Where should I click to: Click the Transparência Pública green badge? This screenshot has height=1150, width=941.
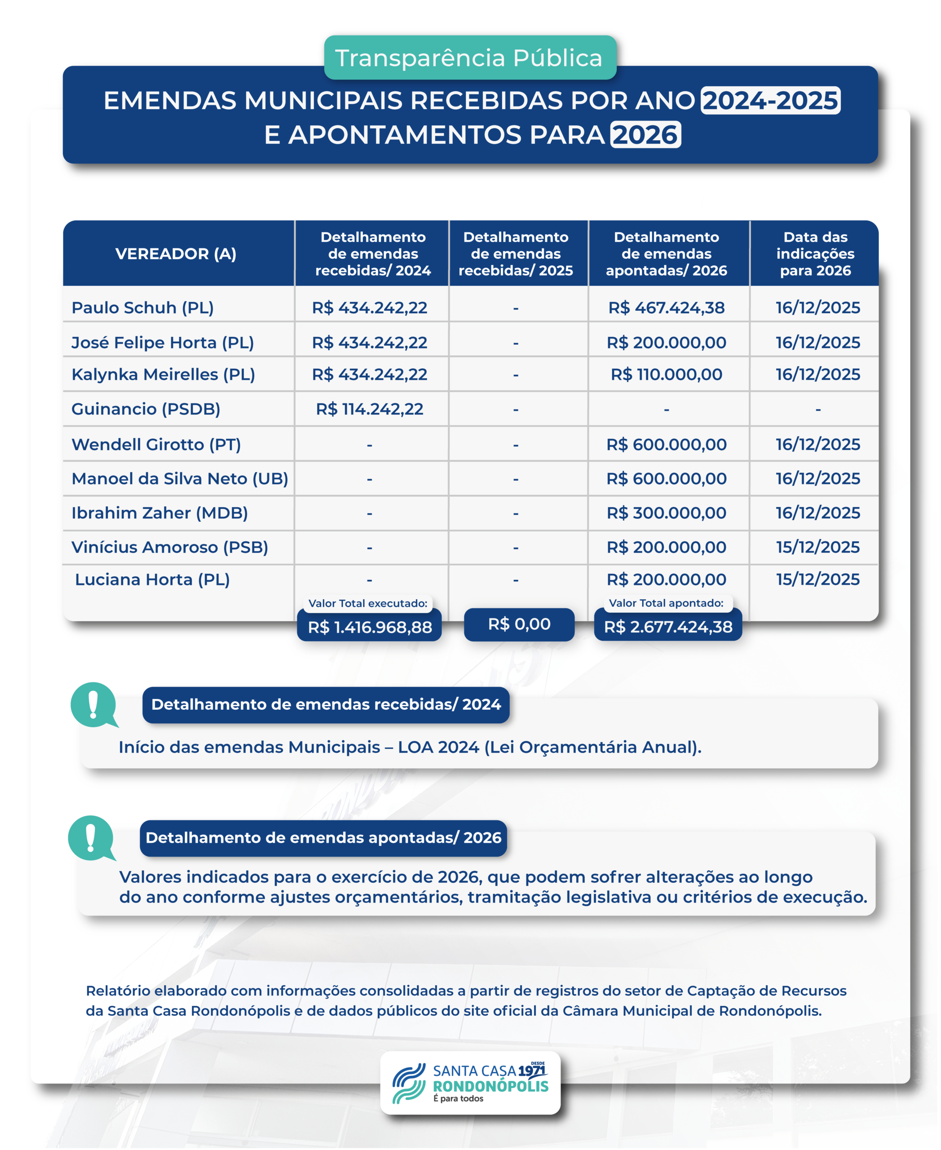[x=470, y=58]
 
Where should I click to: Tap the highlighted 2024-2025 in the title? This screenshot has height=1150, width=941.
[x=770, y=100]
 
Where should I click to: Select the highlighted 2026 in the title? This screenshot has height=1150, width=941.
[x=645, y=134]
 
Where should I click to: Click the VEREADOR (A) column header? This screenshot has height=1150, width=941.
[x=176, y=254]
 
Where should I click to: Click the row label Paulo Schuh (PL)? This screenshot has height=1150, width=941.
[x=142, y=307]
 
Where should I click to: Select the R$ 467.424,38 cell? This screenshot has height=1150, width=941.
[x=666, y=307]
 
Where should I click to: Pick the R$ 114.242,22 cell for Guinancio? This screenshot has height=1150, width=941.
[x=369, y=409]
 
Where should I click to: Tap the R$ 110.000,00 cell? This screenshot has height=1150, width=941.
[x=666, y=374]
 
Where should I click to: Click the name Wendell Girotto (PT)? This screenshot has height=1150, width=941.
[x=156, y=444]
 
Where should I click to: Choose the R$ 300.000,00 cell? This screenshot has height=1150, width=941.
[x=666, y=513]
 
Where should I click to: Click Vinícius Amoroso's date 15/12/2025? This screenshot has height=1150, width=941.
[x=817, y=547]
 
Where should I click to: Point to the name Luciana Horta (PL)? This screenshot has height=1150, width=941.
[x=152, y=579]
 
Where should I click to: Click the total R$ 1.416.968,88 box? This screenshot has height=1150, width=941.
[x=370, y=627]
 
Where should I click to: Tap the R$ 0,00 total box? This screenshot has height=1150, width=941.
[x=519, y=624]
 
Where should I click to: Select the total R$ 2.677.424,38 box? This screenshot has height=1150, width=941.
[x=668, y=627]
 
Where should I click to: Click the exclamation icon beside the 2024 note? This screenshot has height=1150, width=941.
[x=94, y=704]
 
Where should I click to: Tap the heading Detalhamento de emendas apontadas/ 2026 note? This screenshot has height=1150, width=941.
[x=323, y=838]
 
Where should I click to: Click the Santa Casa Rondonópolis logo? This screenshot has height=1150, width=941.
[x=470, y=1084]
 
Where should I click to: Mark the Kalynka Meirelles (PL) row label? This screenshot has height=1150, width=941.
[x=163, y=374]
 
